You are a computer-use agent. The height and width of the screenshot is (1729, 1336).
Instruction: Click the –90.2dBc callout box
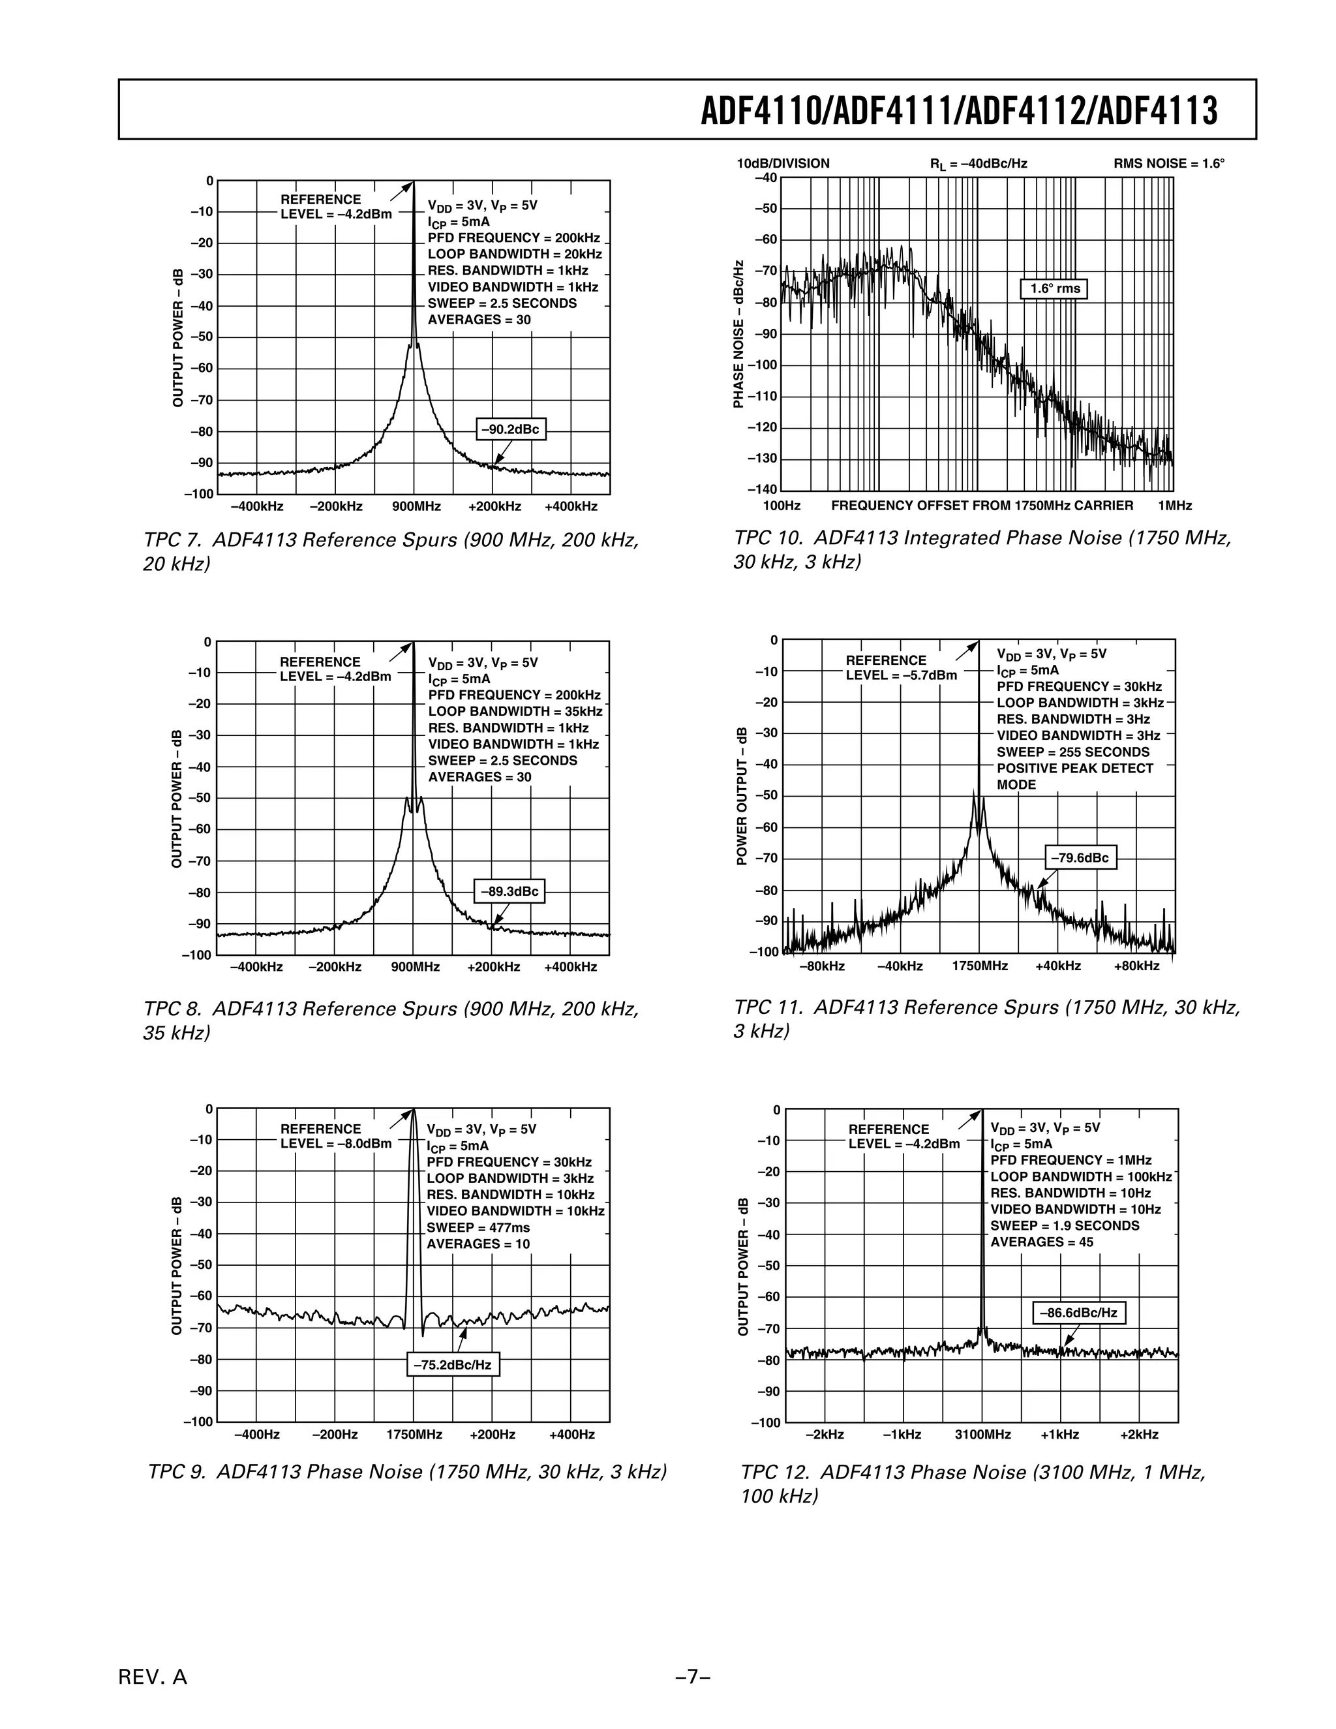511,429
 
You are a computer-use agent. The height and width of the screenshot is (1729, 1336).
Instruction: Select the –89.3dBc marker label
509,891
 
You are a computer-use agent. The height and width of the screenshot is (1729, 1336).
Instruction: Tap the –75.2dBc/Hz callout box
453,1365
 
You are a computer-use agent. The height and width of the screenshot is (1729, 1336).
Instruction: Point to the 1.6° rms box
1055,289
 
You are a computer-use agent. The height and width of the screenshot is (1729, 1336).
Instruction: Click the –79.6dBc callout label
1080,857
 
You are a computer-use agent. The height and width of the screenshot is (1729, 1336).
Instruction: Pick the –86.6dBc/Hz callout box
1078,1313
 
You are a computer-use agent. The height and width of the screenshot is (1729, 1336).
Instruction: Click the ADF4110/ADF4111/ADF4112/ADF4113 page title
959,112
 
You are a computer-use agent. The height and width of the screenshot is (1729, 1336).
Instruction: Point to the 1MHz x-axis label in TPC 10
1174,506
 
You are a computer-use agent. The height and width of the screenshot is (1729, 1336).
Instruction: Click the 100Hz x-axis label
781,506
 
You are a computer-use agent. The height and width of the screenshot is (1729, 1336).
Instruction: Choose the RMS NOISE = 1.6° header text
1168,164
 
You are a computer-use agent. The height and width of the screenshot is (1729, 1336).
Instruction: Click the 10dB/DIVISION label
783,164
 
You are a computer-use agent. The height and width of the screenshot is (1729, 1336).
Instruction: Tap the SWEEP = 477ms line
478,1227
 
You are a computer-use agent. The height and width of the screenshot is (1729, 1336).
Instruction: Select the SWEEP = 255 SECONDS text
1072,752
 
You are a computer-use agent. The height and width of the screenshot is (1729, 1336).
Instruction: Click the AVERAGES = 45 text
1042,1242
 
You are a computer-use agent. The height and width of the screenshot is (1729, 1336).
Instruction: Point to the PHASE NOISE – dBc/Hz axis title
738,334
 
